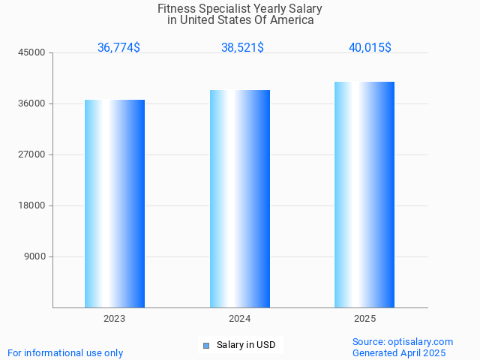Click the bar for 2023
[115, 203]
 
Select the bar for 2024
[240, 199]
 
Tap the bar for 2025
[364, 194]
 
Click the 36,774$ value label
[118, 47]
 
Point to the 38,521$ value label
[242, 47]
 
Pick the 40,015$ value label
[370, 47]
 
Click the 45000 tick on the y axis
[32, 52]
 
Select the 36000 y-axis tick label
[32, 103]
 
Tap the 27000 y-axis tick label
[32, 154]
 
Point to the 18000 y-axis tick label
[32, 205]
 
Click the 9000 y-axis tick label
[34, 256]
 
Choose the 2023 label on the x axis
[115, 319]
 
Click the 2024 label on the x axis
[240, 319]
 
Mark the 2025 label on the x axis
[365, 319]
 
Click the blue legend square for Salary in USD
[206, 345]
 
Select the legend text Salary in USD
[246, 345]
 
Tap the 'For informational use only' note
[65, 352]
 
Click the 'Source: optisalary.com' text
[403, 341]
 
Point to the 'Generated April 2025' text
[399, 352]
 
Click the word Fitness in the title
[175, 9]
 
